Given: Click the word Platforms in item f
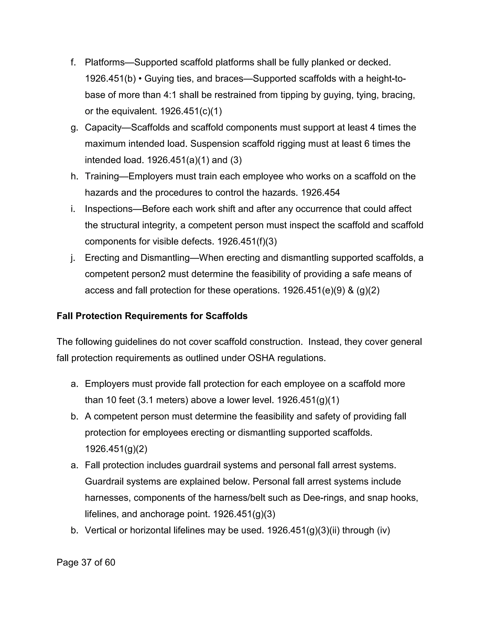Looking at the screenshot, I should tap(105, 63).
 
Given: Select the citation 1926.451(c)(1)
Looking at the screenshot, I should tap(191, 111).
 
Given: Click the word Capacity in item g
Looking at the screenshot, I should tap(103, 127).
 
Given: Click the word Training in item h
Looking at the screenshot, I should tap(101, 177).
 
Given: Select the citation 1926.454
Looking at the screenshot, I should tap(321, 193).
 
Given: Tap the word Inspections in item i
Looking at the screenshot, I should tap(109, 209).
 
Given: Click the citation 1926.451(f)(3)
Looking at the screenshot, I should tap(247, 242).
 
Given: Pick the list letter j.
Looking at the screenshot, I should tap(73, 258).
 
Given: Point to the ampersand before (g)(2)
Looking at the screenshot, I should tap(351, 291).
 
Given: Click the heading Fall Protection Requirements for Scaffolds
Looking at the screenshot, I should tap(152, 316).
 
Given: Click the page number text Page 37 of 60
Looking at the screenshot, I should tap(86, 563).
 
